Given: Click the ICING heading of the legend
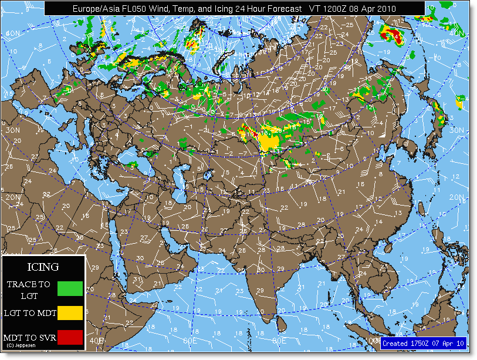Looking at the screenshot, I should point(44,267).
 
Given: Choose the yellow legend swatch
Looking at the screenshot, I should point(71,313).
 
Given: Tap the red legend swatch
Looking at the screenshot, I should point(71,337).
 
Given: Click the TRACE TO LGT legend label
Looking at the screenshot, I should point(29,290).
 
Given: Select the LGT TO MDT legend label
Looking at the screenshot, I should point(30,314).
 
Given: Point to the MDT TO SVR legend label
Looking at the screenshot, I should point(29,338).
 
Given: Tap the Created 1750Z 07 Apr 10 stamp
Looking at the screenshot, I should point(423,343).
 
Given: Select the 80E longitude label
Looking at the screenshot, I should point(278,340).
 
